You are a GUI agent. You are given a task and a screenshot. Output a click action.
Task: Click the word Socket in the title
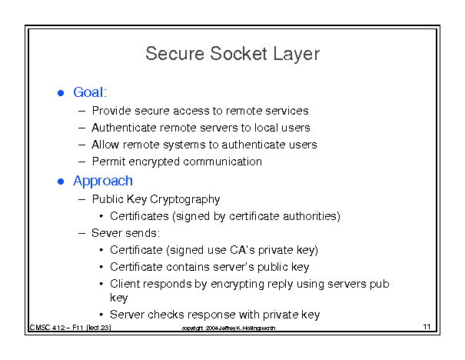coord(238,54)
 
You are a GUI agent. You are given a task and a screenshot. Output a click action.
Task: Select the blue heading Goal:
coord(90,92)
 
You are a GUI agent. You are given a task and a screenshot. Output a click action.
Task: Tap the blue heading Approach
coord(103,181)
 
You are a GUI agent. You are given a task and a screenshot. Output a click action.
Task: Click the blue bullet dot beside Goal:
coord(61,93)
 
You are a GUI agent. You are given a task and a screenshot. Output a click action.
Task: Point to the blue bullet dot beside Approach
coord(61,182)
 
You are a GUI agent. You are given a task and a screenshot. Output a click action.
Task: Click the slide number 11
coord(427,327)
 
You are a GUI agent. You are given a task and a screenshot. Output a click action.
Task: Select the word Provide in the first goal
coord(111,111)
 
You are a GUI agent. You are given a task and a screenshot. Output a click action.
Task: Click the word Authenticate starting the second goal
coord(124,128)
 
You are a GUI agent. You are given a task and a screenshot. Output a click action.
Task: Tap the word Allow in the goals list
coord(105,145)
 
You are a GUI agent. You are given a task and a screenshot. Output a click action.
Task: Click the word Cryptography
coord(185,199)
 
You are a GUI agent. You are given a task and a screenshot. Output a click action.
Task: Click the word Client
coord(125,284)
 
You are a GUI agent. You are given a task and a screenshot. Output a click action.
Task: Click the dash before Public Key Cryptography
coord(81,200)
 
